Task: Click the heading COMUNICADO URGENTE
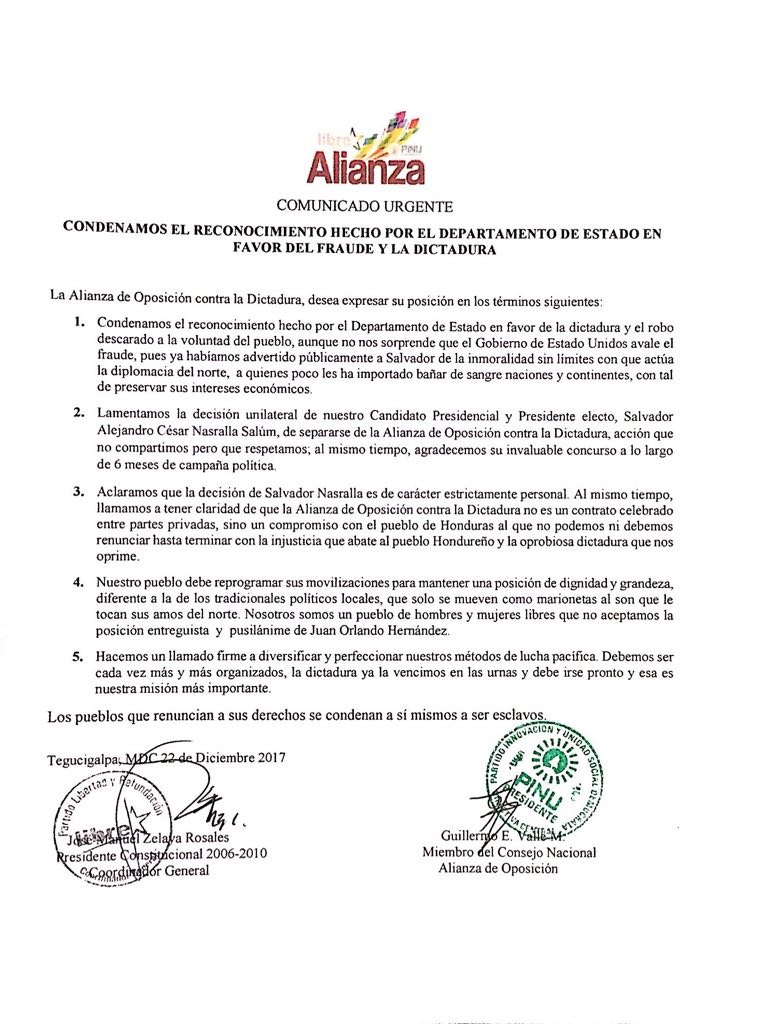[x=364, y=207]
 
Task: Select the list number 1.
[x=78, y=325]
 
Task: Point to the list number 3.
[x=78, y=493]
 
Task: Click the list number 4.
[x=78, y=583]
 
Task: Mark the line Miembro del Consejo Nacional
[x=508, y=852]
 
